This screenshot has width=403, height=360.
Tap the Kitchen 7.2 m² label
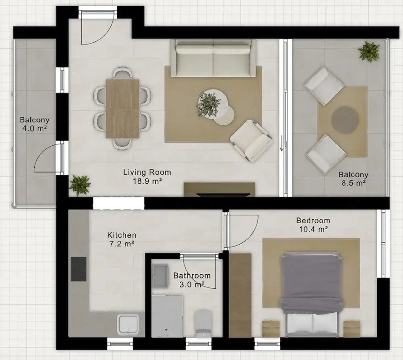point(122,239)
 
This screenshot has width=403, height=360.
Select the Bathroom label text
point(192,276)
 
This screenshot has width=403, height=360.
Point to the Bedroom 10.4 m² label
point(313,225)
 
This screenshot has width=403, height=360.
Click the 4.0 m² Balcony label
point(35,124)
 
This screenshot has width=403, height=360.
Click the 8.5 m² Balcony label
point(353,179)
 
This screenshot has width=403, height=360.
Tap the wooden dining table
point(122,109)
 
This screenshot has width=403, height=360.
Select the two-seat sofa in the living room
point(213,58)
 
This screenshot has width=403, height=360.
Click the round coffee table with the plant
point(213,104)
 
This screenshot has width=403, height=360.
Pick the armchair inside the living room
point(251,141)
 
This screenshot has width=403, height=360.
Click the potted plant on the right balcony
point(369,51)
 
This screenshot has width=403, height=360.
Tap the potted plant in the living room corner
point(80,184)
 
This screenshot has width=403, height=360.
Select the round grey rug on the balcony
point(345,120)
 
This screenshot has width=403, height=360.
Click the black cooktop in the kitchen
point(78,269)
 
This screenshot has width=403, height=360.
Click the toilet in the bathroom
point(203,323)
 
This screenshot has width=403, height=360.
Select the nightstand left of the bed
point(271,329)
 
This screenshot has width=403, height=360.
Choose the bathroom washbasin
point(160,276)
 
